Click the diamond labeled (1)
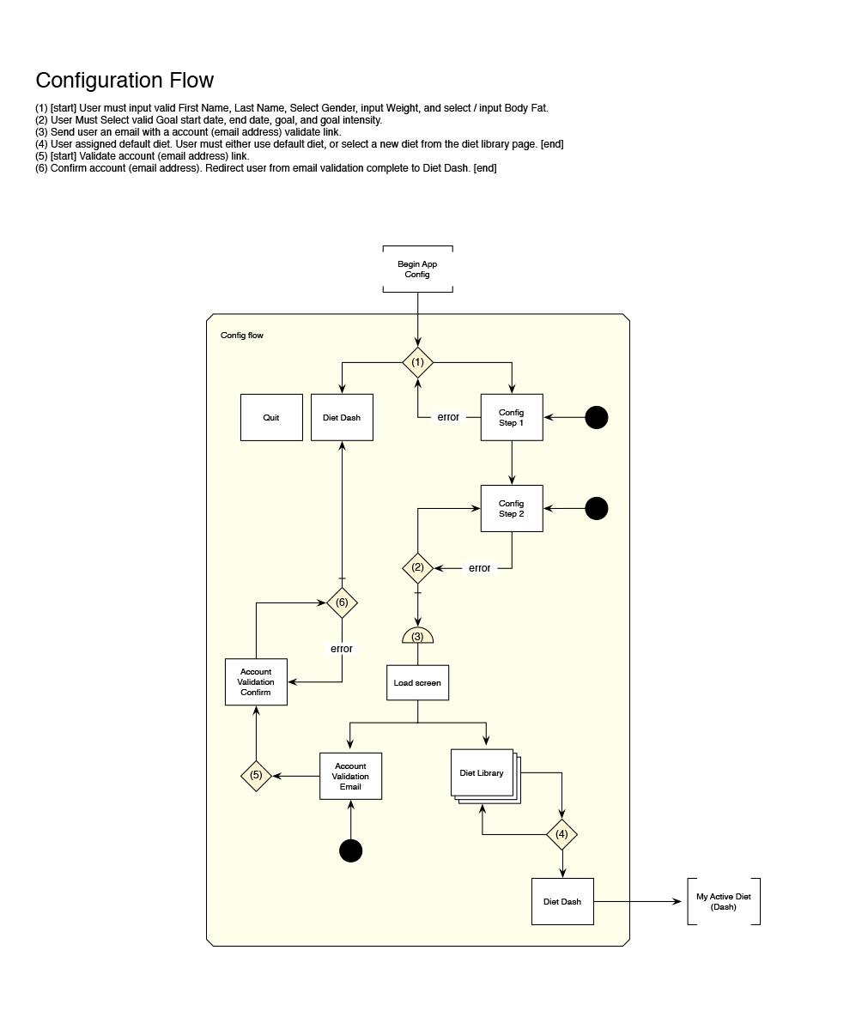pos(417,362)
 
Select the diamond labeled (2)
pos(417,567)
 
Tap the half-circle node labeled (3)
pos(417,636)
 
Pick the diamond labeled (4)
pos(562,833)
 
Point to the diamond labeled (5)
pos(256,776)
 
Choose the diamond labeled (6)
pos(342,602)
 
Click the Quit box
pos(271,417)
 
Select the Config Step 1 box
pos(512,417)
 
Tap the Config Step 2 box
pos(512,508)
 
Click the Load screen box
pos(417,683)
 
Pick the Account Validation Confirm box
pos(256,682)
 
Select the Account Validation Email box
pos(350,776)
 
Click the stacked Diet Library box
pos(483,772)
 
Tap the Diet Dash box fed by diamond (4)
pos(562,901)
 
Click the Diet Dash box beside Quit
pos(342,417)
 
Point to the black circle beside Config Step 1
pos(596,417)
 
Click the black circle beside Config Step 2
pos(596,508)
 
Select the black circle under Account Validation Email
pos(350,851)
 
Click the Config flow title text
pos(242,336)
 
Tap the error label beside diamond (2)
pos(479,568)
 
